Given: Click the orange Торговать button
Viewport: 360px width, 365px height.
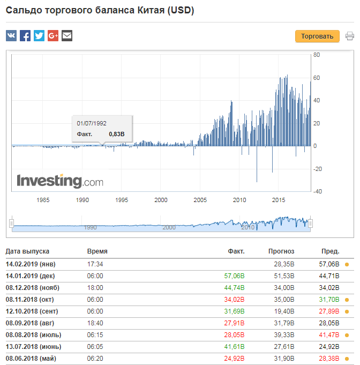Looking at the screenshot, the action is tap(317, 36).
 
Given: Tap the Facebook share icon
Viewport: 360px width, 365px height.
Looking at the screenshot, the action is tap(25, 35).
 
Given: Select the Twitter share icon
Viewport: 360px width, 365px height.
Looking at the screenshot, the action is tap(39, 35).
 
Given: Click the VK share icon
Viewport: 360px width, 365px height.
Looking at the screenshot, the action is tap(11, 35).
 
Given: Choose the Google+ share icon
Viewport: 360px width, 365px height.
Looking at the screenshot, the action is tap(53, 35).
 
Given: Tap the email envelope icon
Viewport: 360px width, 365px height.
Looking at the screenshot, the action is tap(67, 35).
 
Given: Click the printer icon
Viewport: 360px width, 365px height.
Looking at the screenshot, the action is tap(349, 36).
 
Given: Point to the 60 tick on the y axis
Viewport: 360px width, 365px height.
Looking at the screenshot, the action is tap(317, 78).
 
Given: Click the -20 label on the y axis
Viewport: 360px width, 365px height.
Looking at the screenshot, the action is tap(318, 169).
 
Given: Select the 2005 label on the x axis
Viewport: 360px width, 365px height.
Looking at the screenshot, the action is tap(200, 200).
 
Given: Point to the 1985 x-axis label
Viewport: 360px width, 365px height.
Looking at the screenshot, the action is tap(43, 200).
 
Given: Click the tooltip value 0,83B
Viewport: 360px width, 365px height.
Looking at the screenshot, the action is tap(117, 134).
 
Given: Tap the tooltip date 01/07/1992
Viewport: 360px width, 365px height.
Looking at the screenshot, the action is tap(92, 123).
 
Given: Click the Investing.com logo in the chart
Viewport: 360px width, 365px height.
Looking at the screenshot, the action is tap(60, 181).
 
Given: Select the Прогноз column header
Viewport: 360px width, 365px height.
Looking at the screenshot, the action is tap(281, 251).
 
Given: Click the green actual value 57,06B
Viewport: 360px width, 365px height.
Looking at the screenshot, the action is tap(234, 276).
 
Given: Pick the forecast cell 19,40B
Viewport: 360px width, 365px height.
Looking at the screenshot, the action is tap(284, 311).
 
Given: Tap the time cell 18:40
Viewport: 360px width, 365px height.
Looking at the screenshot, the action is tap(95, 323).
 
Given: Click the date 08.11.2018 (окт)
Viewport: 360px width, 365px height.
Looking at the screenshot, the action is tap(30, 300).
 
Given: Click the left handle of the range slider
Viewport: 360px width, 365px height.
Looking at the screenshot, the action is tap(11, 224).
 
